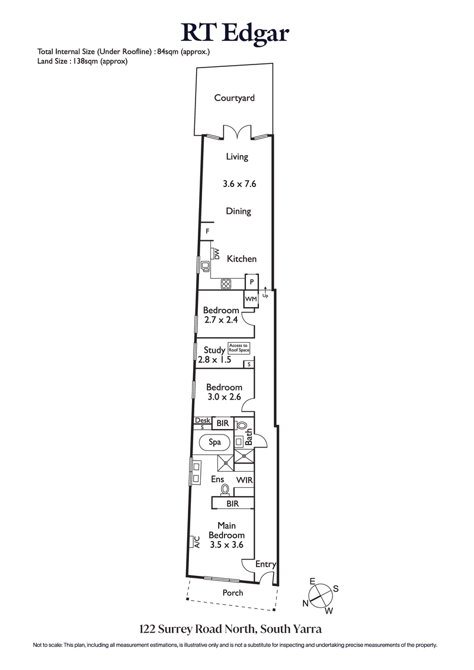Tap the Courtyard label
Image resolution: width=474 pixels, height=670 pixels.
click(235, 98)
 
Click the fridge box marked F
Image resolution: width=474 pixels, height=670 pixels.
click(207, 231)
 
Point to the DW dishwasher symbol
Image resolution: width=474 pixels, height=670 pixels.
click(217, 255)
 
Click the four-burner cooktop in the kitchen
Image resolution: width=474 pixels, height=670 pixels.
click(226, 284)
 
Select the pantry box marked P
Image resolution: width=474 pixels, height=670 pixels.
click(252, 282)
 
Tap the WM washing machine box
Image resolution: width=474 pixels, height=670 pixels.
click(251, 299)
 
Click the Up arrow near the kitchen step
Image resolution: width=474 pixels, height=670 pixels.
click(265, 290)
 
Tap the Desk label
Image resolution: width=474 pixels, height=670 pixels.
click(202, 420)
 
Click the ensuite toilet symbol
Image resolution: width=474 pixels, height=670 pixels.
click(225, 489)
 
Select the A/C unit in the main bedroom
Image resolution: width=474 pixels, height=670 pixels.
click(194, 542)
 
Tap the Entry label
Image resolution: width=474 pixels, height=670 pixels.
click(265, 565)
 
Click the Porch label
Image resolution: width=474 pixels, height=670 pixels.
click(233, 592)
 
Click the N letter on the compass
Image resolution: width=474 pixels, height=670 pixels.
click(306, 603)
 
